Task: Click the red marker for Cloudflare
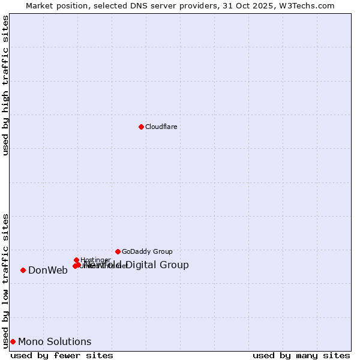141,127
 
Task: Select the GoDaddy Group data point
118,251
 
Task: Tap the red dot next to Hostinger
76,260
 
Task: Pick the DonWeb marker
23,270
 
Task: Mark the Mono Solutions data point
13,341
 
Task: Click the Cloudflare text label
161,127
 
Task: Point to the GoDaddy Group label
147,251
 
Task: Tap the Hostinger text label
95,260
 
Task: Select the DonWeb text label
48,270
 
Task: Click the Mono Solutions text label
55,341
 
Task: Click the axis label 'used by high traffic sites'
6,85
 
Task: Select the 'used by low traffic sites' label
6,280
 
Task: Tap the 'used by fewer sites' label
62,355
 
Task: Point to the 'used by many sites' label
301,355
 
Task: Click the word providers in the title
203,5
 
